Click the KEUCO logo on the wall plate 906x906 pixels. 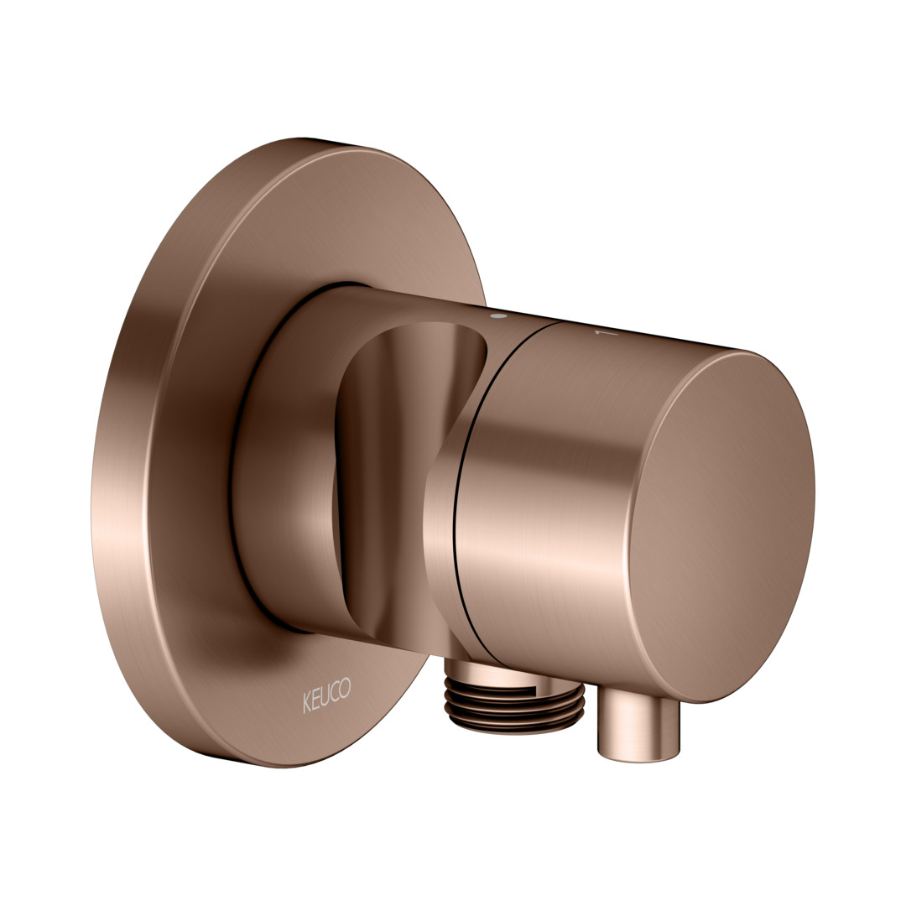[x=326, y=695]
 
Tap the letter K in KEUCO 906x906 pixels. [x=307, y=703]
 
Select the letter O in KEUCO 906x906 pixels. [x=345, y=688]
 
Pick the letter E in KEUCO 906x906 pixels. [x=316, y=700]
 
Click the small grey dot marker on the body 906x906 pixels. [x=497, y=316]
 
